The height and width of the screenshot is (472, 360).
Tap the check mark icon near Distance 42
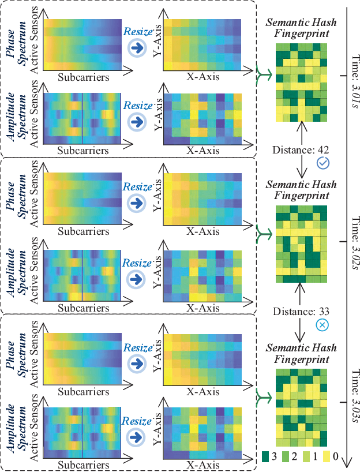click(322, 164)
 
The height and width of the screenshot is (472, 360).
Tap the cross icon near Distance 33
click(322, 326)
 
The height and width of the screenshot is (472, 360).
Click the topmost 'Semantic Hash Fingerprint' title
click(300, 28)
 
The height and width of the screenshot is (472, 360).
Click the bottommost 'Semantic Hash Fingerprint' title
click(300, 354)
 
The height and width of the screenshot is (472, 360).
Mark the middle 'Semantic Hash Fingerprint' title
click(300, 190)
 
